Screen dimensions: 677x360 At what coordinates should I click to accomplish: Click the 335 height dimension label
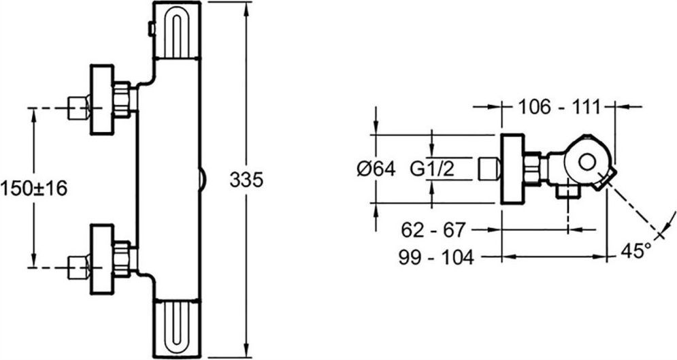(246, 180)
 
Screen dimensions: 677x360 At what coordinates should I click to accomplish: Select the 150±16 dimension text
(34, 189)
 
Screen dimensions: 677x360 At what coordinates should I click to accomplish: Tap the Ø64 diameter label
(376, 169)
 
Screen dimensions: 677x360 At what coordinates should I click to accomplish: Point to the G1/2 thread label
(432, 169)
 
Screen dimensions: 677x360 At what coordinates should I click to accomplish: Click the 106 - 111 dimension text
(559, 107)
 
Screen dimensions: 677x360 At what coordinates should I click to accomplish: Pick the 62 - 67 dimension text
(433, 229)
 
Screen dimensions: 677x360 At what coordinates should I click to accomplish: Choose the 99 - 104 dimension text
(437, 257)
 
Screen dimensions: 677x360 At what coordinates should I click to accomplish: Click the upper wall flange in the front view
(102, 100)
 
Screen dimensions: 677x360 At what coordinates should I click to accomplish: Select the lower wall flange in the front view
(102, 259)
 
